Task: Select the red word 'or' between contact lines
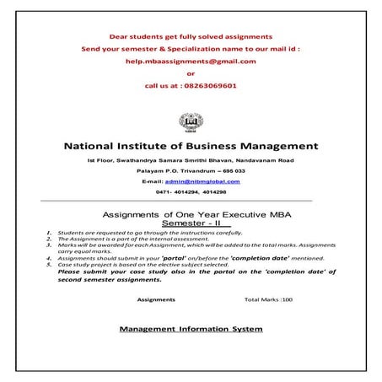(191, 73)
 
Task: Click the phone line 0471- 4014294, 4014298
(191, 193)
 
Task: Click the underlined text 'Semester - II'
(191, 224)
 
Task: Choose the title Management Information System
(191, 328)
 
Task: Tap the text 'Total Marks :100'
(268, 299)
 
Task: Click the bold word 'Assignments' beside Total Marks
(156, 299)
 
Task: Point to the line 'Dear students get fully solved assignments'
(191, 37)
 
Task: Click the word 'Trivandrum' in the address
(197, 170)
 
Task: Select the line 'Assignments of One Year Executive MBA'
(191, 215)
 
